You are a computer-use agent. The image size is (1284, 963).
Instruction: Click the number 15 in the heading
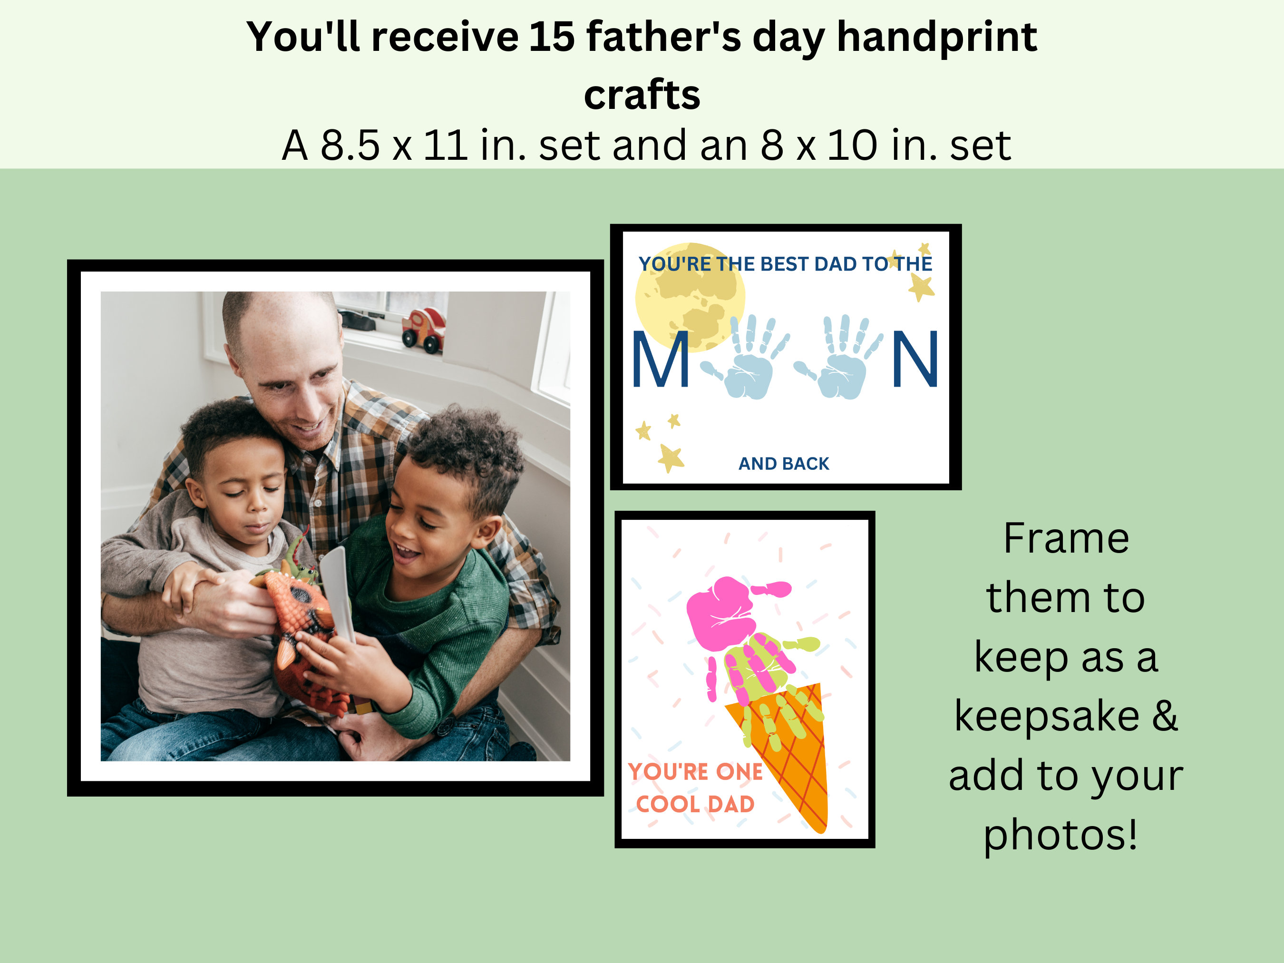pyautogui.click(x=552, y=37)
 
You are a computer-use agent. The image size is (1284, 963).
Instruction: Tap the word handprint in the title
pyautogui.click(x=936, y=37)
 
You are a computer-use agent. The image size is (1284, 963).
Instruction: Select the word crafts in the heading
pyautogui.click(x=642, y=95)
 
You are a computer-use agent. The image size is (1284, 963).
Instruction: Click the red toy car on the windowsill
pyautogui.click(x=424, y=330)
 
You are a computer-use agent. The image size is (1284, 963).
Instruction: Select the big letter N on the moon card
pyautogui.click(x=915, y=359)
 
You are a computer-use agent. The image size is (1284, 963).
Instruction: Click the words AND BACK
pyautogui.click(x=784, y=463)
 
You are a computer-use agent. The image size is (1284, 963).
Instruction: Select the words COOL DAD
pyautogui.click(x=695, y=804)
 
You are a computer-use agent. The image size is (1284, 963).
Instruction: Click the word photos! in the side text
pyautogui.click(x=1060, y=834)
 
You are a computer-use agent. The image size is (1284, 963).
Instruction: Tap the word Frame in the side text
pyautogui.click(x=1066, y=539)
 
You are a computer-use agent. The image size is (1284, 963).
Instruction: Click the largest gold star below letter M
pyautogui.click(x=671, y=458)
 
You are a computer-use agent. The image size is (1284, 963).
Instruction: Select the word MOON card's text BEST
pyautogui.click(x=785, y=264)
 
